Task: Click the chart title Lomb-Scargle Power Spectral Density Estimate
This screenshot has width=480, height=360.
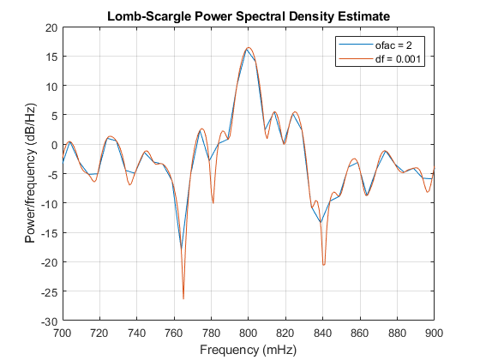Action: point(248,15)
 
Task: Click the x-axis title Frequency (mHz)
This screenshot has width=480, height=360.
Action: point(248,350)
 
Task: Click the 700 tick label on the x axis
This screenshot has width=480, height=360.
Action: point(63,332)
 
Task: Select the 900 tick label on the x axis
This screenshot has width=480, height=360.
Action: point(434,332)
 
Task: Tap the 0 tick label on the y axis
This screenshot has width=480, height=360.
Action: point(54,145)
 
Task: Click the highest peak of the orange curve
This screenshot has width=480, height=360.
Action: point(249,48)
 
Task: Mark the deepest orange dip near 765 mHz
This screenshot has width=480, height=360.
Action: point(183,298)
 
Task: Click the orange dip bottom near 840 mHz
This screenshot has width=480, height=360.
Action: point(323,265)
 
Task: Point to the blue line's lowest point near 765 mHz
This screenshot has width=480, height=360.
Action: point(182,249)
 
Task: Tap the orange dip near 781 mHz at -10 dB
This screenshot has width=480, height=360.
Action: point(213,203)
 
